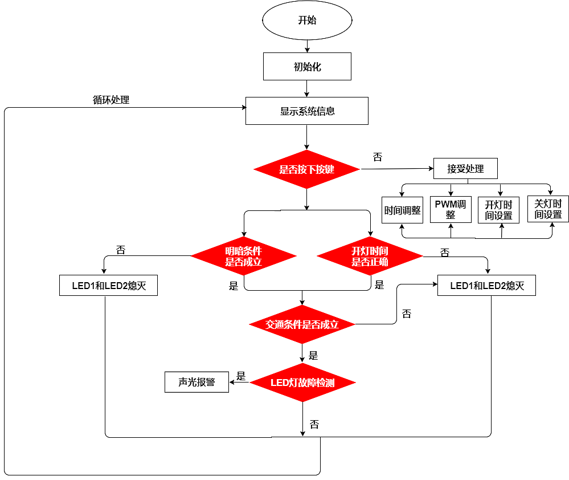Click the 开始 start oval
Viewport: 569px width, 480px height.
pos(307,21)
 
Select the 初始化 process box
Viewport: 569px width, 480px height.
pos(307,67)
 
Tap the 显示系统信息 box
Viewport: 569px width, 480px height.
pos(307,111)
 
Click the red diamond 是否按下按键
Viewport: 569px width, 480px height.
pos(306,169)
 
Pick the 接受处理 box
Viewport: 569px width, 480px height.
pos(465,169)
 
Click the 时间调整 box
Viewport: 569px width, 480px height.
pos(402,210)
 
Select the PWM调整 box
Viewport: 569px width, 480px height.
pos(451,209)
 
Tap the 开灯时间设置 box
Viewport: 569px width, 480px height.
pos(498,210)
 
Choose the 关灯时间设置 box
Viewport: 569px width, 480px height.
pos(548,209)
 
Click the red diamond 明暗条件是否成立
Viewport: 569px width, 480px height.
pos(243,256)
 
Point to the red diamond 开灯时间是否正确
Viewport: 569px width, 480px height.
pos(370,256)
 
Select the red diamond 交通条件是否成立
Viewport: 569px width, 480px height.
pos(302,324)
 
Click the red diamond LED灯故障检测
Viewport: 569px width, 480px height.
pos(302,383)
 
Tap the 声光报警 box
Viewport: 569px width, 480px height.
pos(197,382)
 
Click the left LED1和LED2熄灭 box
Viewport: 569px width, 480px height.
pos(108,286)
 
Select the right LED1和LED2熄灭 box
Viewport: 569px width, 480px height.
pos(486,286)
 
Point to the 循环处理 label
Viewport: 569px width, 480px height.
pos(111,100)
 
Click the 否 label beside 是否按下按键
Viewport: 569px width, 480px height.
pos(377,157)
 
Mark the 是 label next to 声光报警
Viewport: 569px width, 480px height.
pos(241,376)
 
